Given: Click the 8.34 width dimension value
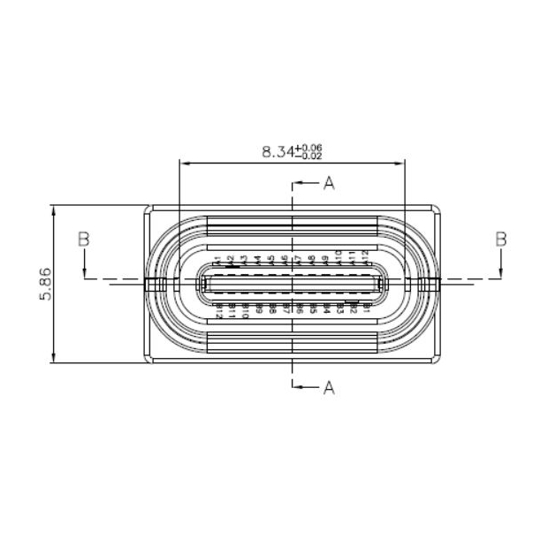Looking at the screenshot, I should click(280, 151).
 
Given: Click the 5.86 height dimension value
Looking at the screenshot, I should click(45, 284).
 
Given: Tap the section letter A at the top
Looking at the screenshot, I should click(329, 184).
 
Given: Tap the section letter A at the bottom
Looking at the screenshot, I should click(329, 387).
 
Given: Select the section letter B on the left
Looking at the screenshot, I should click(84, 239).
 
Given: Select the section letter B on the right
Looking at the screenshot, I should click(501, 239).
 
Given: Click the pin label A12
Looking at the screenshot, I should click(365, 259).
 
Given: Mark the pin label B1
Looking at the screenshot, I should click(366, 308).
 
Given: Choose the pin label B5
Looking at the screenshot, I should click(313, 309).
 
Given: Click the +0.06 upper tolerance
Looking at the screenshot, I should click(311, 147).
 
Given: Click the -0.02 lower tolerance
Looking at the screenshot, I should click(311, 156).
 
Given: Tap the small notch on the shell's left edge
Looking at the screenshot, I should click(155, 284).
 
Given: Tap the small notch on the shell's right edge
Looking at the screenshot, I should click(430, 284).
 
